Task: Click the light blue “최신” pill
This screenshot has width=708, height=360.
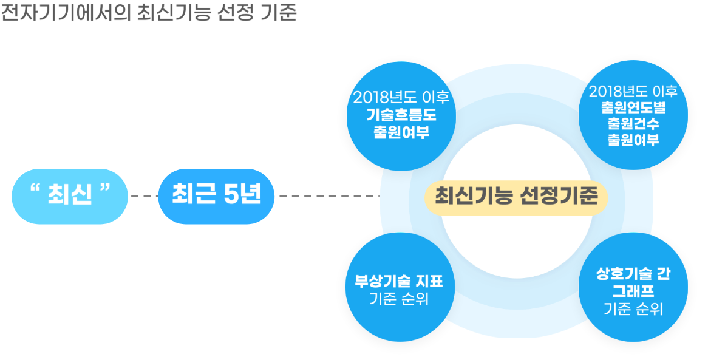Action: pyautogui.click(x=70, y=197)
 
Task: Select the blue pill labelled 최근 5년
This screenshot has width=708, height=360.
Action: pyautogui.click(x=216, y=197)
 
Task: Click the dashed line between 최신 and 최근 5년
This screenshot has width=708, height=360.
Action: pyautogui.click(x=143, y=196)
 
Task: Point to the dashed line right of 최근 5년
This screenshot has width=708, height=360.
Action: pyautogui.click(x=329, y=196)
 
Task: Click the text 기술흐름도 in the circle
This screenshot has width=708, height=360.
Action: pyautogui.click(x=401, y=115)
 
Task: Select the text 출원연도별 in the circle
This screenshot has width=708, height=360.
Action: pyautogui.click(x=633, y=108)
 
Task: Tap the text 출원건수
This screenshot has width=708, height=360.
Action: pyautogui.click(x=633, y=123)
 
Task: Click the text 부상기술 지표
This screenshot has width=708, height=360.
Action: pyautogui.click(x=400, y=282)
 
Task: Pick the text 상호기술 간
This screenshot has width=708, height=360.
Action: pyautogui.click(x=633, y=274)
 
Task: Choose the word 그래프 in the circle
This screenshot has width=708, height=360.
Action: pyautogui.click(x=633, y=290)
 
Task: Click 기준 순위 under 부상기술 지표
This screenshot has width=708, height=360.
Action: pyautogui.click(x=399, y=299)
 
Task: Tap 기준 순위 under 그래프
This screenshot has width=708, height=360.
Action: pyautogui.click(x=633, y=309)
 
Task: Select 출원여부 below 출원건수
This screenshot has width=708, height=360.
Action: pyautogui.click(x=633, y=139)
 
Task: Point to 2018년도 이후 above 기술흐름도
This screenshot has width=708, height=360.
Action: pyautogui.click(x=401, y=98)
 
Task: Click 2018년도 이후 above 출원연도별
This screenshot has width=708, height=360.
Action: pyautogui.click(x=633, y=92)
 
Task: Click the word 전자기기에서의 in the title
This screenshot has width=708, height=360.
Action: pyautogui.click(x=66, y=13)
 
